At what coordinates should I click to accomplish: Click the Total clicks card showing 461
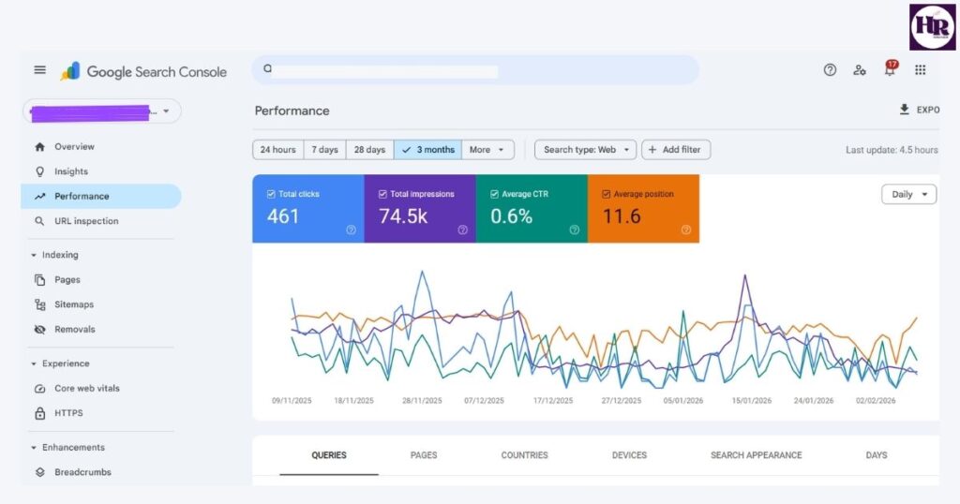[307, 209]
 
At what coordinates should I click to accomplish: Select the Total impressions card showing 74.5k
[419, 209]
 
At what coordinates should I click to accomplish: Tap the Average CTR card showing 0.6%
[531, 209]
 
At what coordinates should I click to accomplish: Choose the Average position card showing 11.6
[643, 209]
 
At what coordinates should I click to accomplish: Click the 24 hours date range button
[277, 150]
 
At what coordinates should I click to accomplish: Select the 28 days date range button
[368, 150]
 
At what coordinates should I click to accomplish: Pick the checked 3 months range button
[427, 150]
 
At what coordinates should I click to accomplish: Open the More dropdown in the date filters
[487, 150]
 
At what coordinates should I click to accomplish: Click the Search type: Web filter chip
[585, 150]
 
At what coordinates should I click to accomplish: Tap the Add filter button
[676, 150]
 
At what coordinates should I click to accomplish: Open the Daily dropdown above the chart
[908, 195]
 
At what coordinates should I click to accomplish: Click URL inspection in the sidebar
[86, 221]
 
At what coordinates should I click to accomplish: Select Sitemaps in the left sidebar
[73, 304]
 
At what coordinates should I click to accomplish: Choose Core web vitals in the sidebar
[86, 388]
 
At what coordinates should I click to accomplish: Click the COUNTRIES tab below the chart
[524, 455]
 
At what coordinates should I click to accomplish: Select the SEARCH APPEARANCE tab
[756, 455]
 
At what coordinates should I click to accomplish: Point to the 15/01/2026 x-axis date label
[752, 401]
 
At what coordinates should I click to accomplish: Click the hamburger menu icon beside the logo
[39, 70]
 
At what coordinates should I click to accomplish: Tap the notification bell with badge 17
[890, 70]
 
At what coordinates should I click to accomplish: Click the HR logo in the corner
[932, 26]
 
